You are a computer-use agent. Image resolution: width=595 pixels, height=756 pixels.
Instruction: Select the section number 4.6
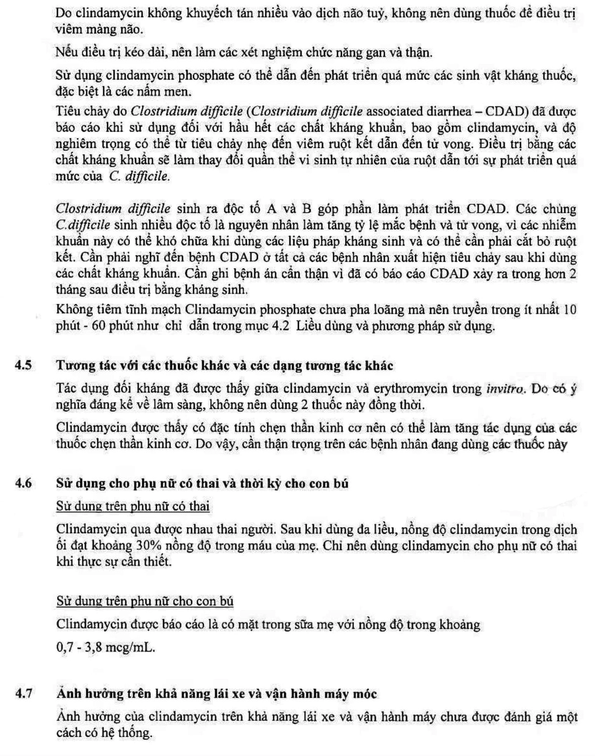(23, 484)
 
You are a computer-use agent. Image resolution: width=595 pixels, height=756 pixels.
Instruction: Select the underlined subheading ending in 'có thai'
(133, 506)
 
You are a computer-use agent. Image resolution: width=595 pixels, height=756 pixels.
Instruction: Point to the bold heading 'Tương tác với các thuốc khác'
(225, 366)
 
